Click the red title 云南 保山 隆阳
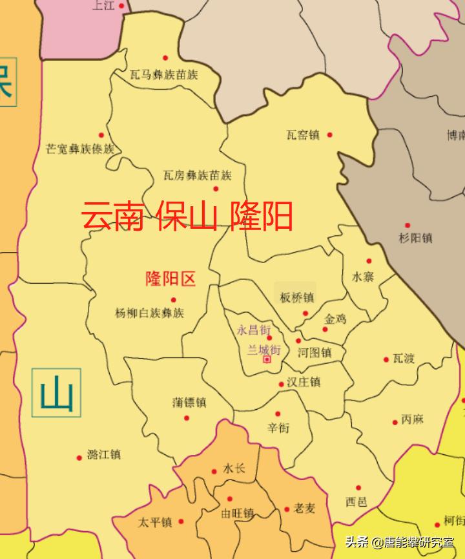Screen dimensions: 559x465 (187, 216)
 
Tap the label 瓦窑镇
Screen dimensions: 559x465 (303, 135)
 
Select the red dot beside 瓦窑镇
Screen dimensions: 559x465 (329, 134)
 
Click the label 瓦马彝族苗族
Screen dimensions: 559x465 (163, 75)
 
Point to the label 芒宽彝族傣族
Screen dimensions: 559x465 (80, 149)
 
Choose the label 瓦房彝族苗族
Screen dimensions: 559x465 (197, 175)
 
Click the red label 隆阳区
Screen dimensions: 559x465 (170, 279)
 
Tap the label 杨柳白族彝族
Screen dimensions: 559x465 (149, 313)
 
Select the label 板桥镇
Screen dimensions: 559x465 (296, 298)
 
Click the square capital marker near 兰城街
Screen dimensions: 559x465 (267, 360)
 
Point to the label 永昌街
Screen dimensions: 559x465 (254, 330)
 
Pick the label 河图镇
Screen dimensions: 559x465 (315, 353)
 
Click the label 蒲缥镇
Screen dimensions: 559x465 (189, 402)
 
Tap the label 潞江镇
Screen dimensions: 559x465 (103, 454)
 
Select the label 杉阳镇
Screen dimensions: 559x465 (416, 238)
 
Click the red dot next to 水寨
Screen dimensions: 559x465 (369, 261)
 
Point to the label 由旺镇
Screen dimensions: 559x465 (238, 514)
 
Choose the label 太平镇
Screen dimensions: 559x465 (155, 522)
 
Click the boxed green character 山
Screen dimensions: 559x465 (57, 393)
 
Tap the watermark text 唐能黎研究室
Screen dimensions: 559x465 (420, 543)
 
